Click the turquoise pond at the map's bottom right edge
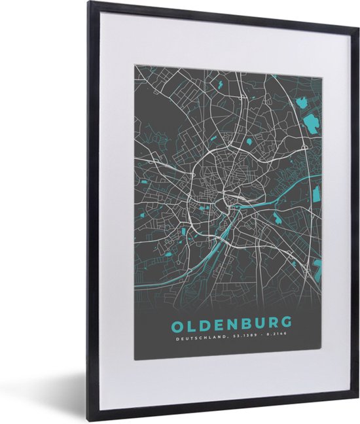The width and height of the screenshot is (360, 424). coord(317,266)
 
